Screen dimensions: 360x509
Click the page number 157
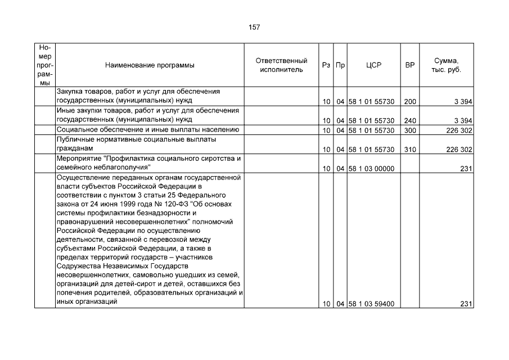click(x=254, y=27)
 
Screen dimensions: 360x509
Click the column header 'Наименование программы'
click(x=150, y=65)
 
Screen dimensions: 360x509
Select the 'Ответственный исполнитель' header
click(x=281, y=65)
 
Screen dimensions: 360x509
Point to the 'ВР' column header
click(x=410, y=65)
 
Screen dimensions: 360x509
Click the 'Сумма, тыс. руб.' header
click(x=446, y=65)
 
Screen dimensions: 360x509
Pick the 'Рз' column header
click(x=326, y=65)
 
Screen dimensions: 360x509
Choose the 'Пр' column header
click(x=340, y=65)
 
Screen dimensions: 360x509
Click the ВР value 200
click(x=410, y=102)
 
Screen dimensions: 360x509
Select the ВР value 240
click(x=410, y=120)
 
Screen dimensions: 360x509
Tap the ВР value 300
click(x=410, y=130)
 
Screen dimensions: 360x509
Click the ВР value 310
click(x=410, y=150)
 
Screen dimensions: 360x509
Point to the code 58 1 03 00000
click(x=371, y=169)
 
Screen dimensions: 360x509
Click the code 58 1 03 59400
click(x=371, y=304)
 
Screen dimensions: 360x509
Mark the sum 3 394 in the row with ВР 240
click(x=462, y=120)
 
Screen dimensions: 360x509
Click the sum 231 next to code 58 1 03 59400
click(x=466, y=304)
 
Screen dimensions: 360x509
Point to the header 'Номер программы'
click(x=45, y=65)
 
